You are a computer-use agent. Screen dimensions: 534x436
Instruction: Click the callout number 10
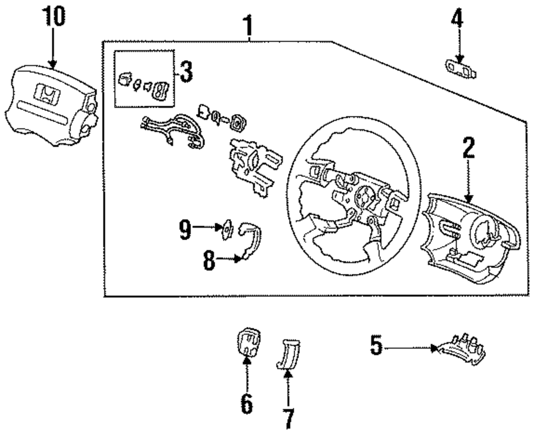pyautogui.click(x=53, y=17)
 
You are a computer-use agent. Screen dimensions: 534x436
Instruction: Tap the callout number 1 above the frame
pyautogui.click(x=248, y=26)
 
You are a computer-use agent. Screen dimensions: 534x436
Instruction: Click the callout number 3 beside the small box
pyautogui.click(x=186, y=72)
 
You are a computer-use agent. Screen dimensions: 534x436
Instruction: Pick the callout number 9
pyautogui.click(x=185, y=230)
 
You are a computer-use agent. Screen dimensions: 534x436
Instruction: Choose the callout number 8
pyautogui.click(x=209, y=261)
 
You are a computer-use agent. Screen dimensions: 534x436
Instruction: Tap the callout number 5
pyautogui.click(x=376, y=345)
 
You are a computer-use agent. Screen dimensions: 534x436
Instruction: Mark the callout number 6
pyautogui.click(x=247, y=403)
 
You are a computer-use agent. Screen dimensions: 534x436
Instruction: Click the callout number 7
pyautogui.click(x=288, y=418)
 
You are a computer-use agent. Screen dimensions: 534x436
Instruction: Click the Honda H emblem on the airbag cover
pyautogui.click(x=48, y=93)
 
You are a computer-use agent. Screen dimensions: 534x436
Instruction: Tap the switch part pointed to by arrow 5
pyautogui.click(x=459, y=350)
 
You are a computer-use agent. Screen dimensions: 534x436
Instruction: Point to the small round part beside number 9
pyautogui.click(x=227, y=230)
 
